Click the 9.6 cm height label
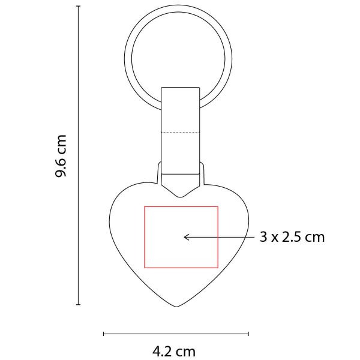[x=61, y=156]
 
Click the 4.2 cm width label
[x=174, y=351]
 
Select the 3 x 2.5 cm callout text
[x=292, y=237]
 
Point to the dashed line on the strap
[x=181, y=133]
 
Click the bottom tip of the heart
[x=177, y=307]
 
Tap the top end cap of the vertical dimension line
[x=78, y=6]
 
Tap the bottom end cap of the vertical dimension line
[x=78, y=305]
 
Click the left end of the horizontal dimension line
[x=104, y=334]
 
